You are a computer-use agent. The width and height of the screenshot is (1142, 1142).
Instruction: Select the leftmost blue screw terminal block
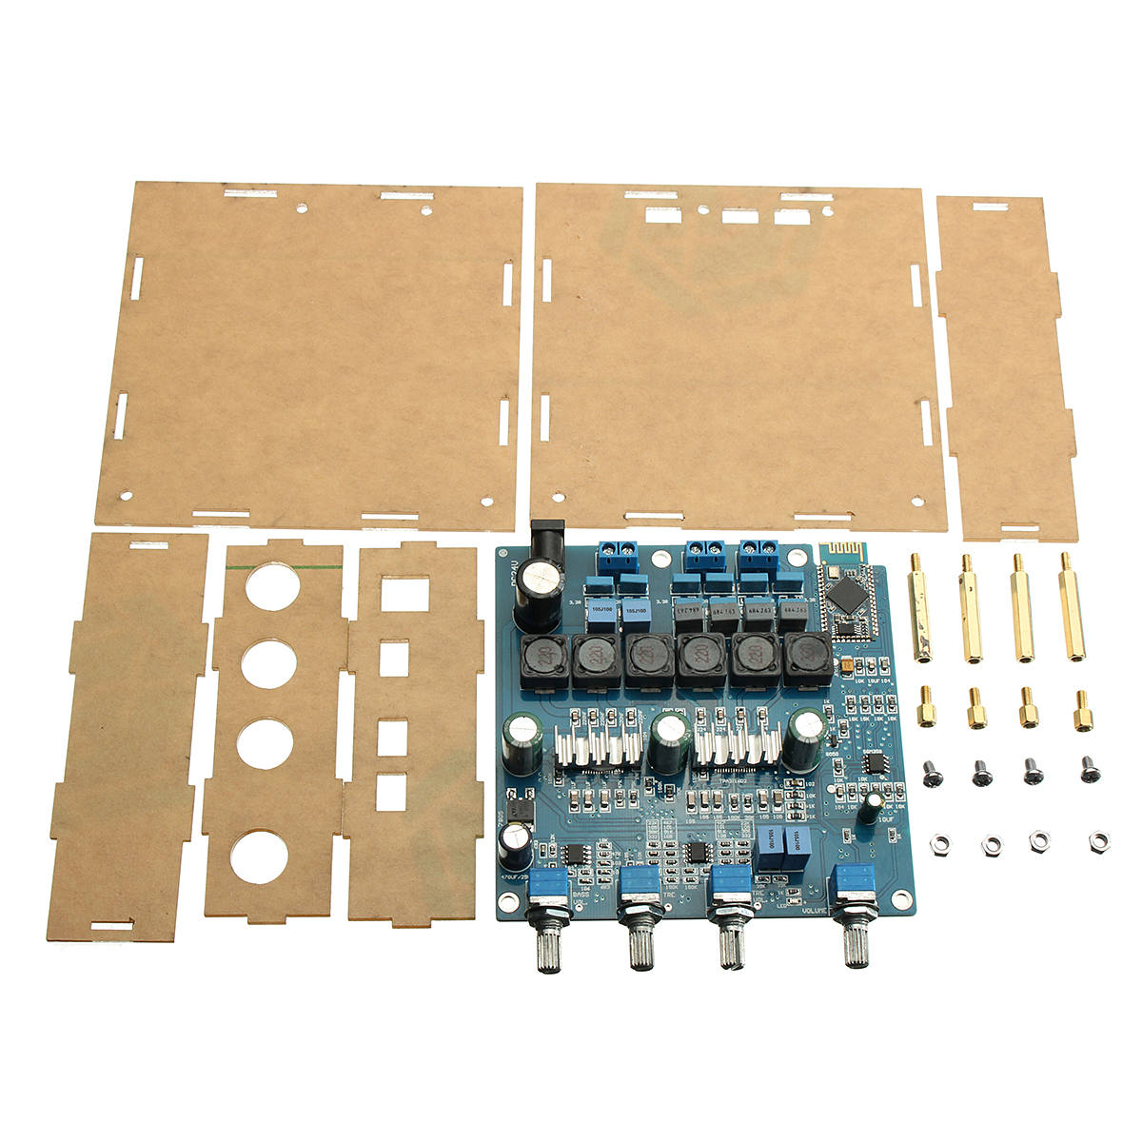point(618,551)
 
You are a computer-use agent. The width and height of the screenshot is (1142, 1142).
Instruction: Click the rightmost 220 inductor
point(805,659)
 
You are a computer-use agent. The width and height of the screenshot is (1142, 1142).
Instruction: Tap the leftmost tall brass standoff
point(919,609)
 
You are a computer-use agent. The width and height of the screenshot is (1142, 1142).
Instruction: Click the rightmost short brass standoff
point(1083,711)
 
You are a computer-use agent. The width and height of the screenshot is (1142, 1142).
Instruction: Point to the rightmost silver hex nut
point(1098,842)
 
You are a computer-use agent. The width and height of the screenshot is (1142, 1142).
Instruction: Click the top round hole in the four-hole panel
point(272,585)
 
